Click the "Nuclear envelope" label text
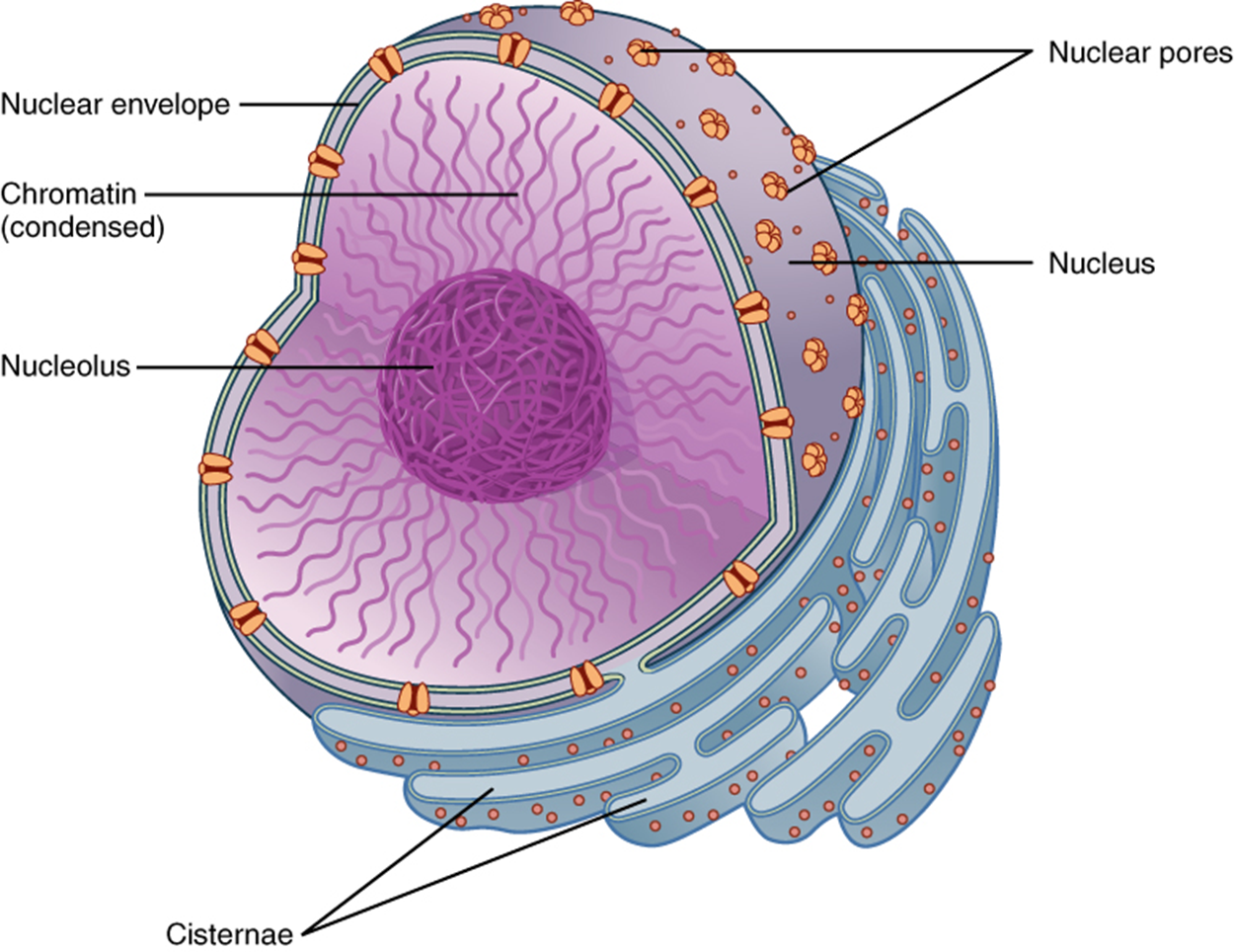(115, 105)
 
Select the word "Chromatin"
(69, 193)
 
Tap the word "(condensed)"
(82, 227)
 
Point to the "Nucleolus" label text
(65, 365)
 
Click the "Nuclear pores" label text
(1139, 52)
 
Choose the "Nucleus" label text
(1101, 263)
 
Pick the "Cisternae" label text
(229, 933)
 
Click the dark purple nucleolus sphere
(494, 385)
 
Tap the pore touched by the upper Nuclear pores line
(643, 51)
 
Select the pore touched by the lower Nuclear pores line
(776, 185)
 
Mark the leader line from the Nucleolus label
(276, 367)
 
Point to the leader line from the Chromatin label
(326, 194)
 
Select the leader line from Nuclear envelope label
(296, 104)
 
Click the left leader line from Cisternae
(395, 864)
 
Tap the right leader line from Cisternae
(474, 869)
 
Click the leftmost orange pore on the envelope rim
(215, 469)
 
